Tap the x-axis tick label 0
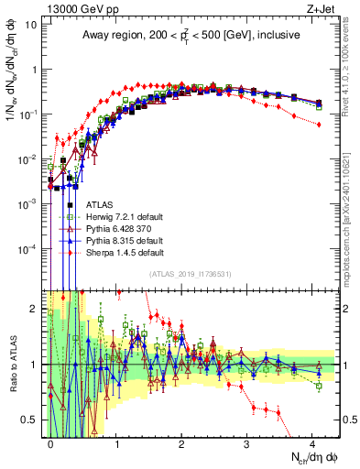pyautogui.click(x=51, y=442)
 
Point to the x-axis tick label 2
pyautogui.click(x=181, y=442)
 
